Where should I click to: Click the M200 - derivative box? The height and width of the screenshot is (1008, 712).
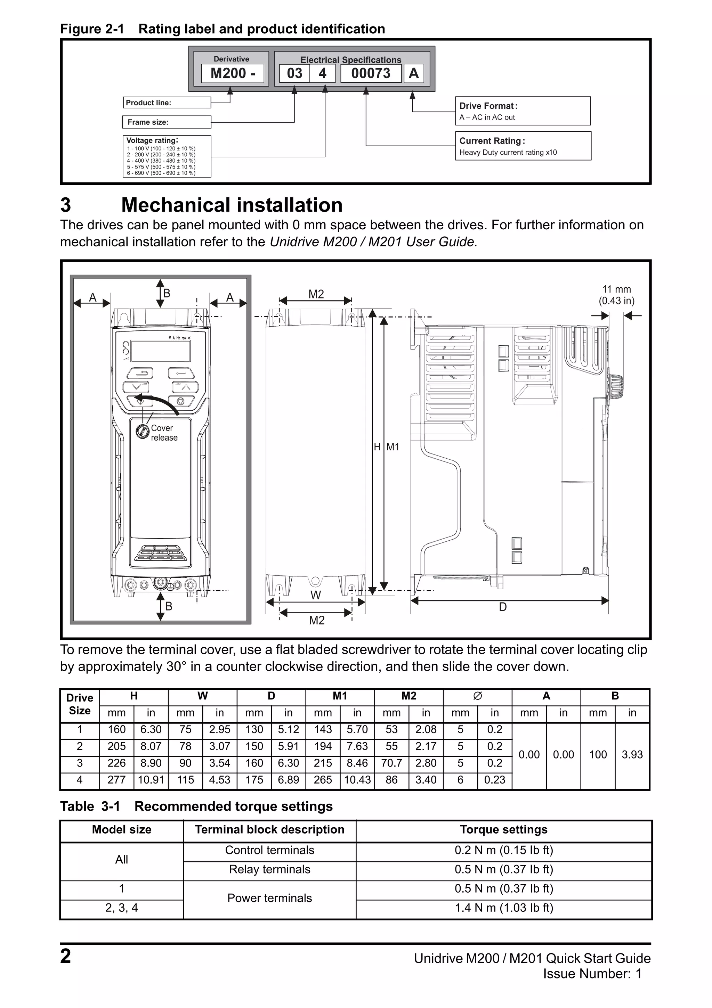point(232,73)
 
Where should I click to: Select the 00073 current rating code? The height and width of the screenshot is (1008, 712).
point(371,73)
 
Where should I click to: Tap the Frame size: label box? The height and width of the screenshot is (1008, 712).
point(167,122)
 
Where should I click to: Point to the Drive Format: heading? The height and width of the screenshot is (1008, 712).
point(488,106)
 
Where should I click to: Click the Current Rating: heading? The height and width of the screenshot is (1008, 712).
point(492,141)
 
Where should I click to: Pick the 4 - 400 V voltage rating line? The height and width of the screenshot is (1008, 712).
point(161,161)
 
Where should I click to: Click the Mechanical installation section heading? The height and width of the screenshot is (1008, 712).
point(232,205)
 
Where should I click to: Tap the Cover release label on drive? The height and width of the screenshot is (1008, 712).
point(164,433)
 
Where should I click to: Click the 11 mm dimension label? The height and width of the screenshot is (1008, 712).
point(616,289)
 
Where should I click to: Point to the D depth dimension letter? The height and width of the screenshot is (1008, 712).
point(503,607)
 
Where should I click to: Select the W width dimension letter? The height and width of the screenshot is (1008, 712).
point(315,595)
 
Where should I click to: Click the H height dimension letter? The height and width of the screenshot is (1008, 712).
point(377,447)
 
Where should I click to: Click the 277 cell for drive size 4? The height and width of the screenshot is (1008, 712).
point(116,780)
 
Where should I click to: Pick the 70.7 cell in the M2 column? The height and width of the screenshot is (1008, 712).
point(391,763)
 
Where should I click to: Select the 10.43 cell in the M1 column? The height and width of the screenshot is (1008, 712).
point(357,780)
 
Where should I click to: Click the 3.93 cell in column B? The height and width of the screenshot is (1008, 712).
point(632,755)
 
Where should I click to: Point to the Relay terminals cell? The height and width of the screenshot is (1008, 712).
point(270,869)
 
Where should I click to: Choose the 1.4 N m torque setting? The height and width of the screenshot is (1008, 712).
point(504,908)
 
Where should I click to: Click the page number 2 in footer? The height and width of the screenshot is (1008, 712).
point(65,956)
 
